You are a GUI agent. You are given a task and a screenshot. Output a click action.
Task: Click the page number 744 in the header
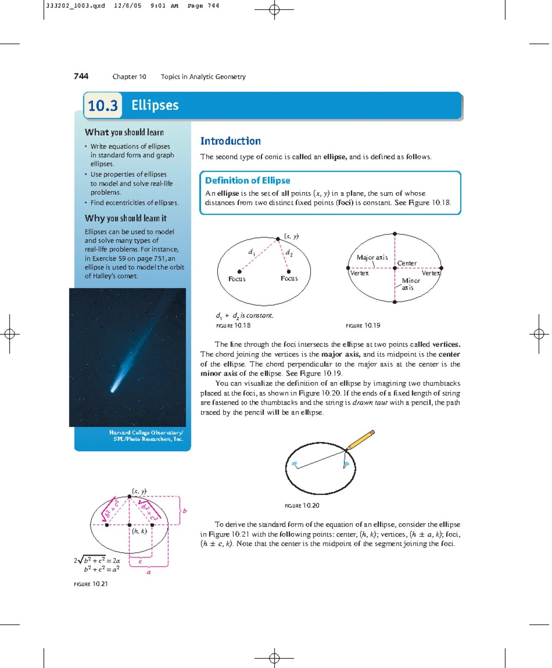81,76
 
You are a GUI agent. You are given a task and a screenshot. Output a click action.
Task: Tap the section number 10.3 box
103,106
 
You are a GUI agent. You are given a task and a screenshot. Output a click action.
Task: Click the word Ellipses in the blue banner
155,105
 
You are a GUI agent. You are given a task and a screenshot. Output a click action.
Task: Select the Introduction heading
230,141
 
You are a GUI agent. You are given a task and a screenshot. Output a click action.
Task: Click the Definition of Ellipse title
247,180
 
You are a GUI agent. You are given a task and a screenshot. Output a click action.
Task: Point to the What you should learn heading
124,132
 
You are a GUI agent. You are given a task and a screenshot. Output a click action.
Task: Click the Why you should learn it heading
126,218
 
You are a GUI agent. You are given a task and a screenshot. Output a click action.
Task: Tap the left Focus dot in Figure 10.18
239,271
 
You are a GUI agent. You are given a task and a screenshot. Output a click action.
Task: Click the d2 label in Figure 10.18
289,252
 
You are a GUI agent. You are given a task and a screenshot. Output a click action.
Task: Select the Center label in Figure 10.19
407,263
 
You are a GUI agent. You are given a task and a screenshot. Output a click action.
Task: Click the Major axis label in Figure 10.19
372,257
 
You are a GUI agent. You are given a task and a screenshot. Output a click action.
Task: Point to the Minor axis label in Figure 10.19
410,284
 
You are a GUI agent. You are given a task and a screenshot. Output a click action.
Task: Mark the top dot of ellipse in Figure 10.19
395,234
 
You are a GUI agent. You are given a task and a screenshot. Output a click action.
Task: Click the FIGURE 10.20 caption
302,506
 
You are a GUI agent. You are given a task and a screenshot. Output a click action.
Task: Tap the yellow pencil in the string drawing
360,440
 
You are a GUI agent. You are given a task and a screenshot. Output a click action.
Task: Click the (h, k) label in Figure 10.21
139,531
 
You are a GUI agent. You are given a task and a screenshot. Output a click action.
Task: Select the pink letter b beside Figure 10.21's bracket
185,510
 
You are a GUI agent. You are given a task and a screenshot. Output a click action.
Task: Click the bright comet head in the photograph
114,388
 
